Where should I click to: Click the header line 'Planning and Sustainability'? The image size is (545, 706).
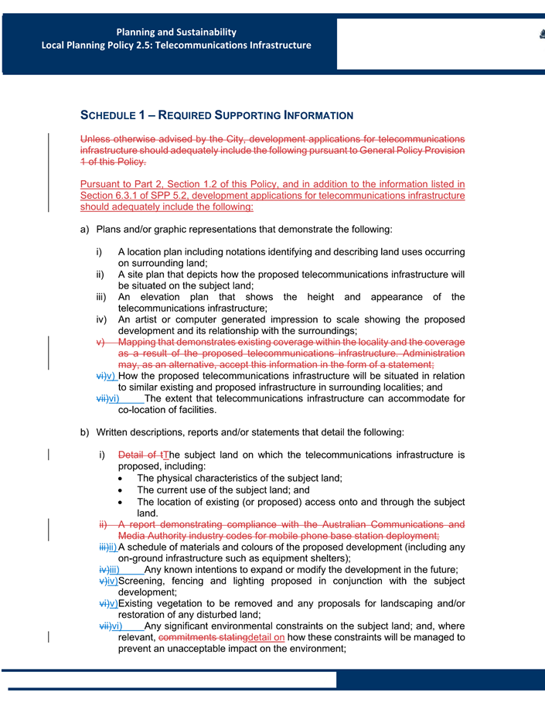[x=176, y=32]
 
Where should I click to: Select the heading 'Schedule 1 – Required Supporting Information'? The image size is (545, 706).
[x=216, y=116]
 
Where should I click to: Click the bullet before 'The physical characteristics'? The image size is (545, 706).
[x=124, y=479]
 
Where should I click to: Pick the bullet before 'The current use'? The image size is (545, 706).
[x=124, y=490]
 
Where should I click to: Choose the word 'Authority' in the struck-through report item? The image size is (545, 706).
[x=170, y=536]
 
